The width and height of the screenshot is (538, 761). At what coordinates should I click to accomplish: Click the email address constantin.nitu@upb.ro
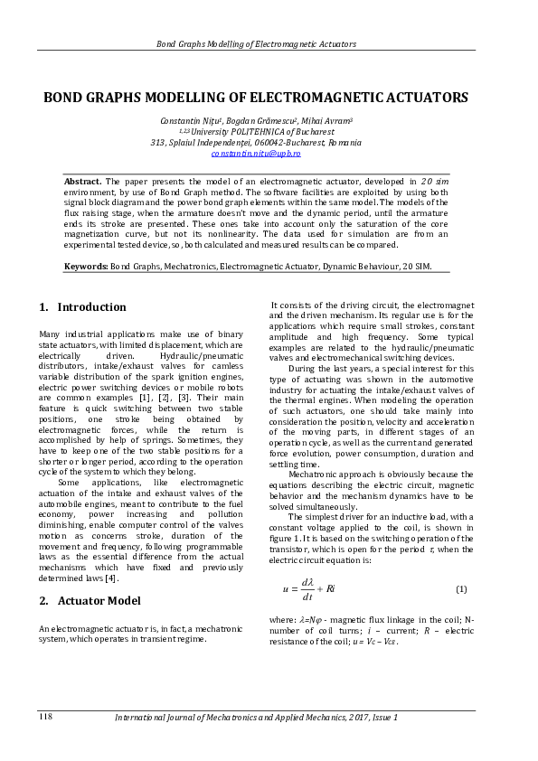point(256,155)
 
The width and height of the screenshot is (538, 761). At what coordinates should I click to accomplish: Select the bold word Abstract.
point(83,182)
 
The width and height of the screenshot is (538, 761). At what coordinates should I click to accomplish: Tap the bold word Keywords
point(86,267)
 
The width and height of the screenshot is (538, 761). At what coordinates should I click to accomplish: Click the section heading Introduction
point(91,307)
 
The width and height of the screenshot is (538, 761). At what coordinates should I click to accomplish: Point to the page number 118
point(45,717)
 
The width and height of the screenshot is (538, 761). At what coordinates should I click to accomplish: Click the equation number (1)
point(460,589)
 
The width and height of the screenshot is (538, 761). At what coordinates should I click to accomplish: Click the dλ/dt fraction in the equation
point(307,589)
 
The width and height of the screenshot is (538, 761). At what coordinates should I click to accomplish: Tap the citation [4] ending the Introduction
point(111,578)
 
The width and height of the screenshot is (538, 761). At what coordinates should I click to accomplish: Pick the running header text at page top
point(256,43)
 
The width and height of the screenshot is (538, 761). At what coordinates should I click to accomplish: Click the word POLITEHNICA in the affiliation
point(262,131)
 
